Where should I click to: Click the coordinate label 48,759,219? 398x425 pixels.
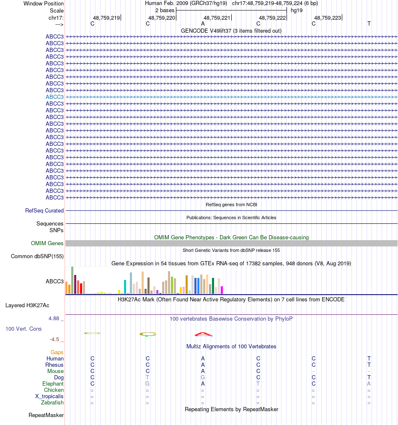pos(106,18)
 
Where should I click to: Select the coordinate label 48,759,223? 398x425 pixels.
pos(328,18)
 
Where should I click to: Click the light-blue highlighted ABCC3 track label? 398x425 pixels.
pos(54,97)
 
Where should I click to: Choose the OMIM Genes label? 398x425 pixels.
pos(47,244)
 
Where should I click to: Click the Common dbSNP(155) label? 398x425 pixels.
pos(37,256)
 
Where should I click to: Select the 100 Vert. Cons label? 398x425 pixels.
pos(23,329)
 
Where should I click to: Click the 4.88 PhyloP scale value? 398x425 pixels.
pos(56,319)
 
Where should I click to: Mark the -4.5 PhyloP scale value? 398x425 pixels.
pos(57,339)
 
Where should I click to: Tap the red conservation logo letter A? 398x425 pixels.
pos(203,334)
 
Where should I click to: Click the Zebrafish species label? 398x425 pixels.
pos(52,403)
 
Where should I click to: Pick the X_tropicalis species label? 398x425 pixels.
pos(49,396)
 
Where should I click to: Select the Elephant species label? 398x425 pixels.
pos(53,384)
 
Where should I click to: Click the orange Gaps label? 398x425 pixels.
pos(57,352)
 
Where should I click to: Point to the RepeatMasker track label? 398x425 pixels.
pos(46,415)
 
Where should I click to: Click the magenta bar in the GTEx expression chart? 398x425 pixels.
pos(222,290)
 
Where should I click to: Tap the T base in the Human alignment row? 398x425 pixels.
pos(369,359)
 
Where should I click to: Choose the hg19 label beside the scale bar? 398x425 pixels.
pos(297,10)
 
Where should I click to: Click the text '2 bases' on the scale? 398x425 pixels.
pos(165,10)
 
